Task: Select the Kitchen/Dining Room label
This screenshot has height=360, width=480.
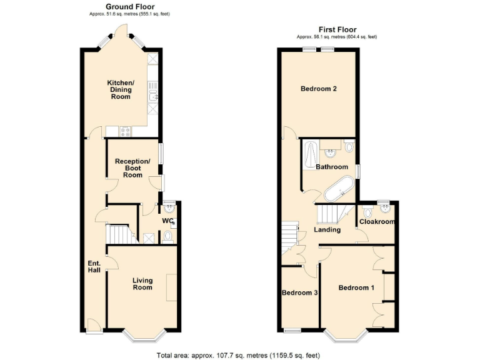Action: [120, 89]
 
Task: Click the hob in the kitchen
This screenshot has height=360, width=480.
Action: [124, 131]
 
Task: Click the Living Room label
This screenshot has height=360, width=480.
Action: [142, 284]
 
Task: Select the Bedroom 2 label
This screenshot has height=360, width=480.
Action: [319, 89]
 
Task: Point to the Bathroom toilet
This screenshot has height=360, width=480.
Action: [349, 147]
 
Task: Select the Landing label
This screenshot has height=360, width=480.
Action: [327, 230]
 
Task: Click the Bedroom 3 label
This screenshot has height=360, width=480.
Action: [299, 292]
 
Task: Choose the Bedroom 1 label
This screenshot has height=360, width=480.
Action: [356, 287]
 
